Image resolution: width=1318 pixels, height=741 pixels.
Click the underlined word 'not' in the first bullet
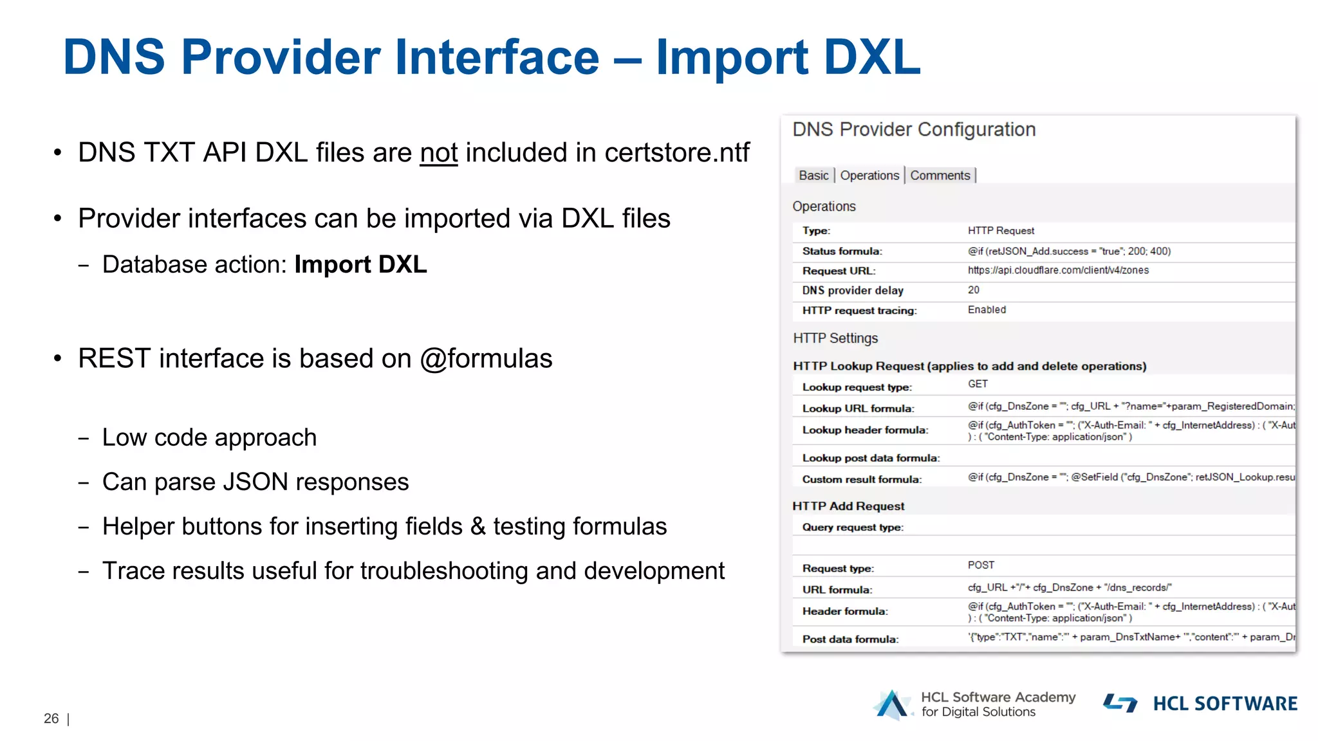(438, 153)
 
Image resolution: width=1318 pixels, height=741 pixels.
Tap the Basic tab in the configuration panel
(813, 176)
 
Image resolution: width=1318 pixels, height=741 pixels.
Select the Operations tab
(869, 176)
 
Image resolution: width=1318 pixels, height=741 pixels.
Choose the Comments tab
(940, 176)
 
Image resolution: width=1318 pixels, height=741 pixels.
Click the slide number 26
(51, 718)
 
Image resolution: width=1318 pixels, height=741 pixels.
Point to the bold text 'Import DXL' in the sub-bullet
(360, 264)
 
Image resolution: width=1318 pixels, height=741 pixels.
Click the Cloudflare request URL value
(1057, 270)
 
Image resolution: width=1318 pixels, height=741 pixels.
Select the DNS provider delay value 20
(974, 290)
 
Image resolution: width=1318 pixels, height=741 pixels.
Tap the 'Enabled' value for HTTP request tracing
(987, 310)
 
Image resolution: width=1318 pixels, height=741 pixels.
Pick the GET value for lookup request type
(978, 384)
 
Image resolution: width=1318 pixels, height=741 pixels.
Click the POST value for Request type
(981, 565)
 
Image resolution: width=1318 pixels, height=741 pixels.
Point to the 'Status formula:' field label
(842, 251)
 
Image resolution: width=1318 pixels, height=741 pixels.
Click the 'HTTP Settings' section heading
(835, 338)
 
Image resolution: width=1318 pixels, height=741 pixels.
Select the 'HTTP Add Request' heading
(848, 506)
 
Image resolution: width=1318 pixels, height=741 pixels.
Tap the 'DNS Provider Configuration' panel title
(914, 129)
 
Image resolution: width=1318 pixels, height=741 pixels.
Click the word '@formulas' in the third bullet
(486, 358)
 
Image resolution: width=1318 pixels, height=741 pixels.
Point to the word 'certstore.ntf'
(676, 153)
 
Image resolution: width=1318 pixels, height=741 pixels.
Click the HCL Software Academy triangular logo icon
(892, 704)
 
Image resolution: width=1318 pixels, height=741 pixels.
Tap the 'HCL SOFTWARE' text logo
(1225, 704)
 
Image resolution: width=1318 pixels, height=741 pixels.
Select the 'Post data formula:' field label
(850, 639)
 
